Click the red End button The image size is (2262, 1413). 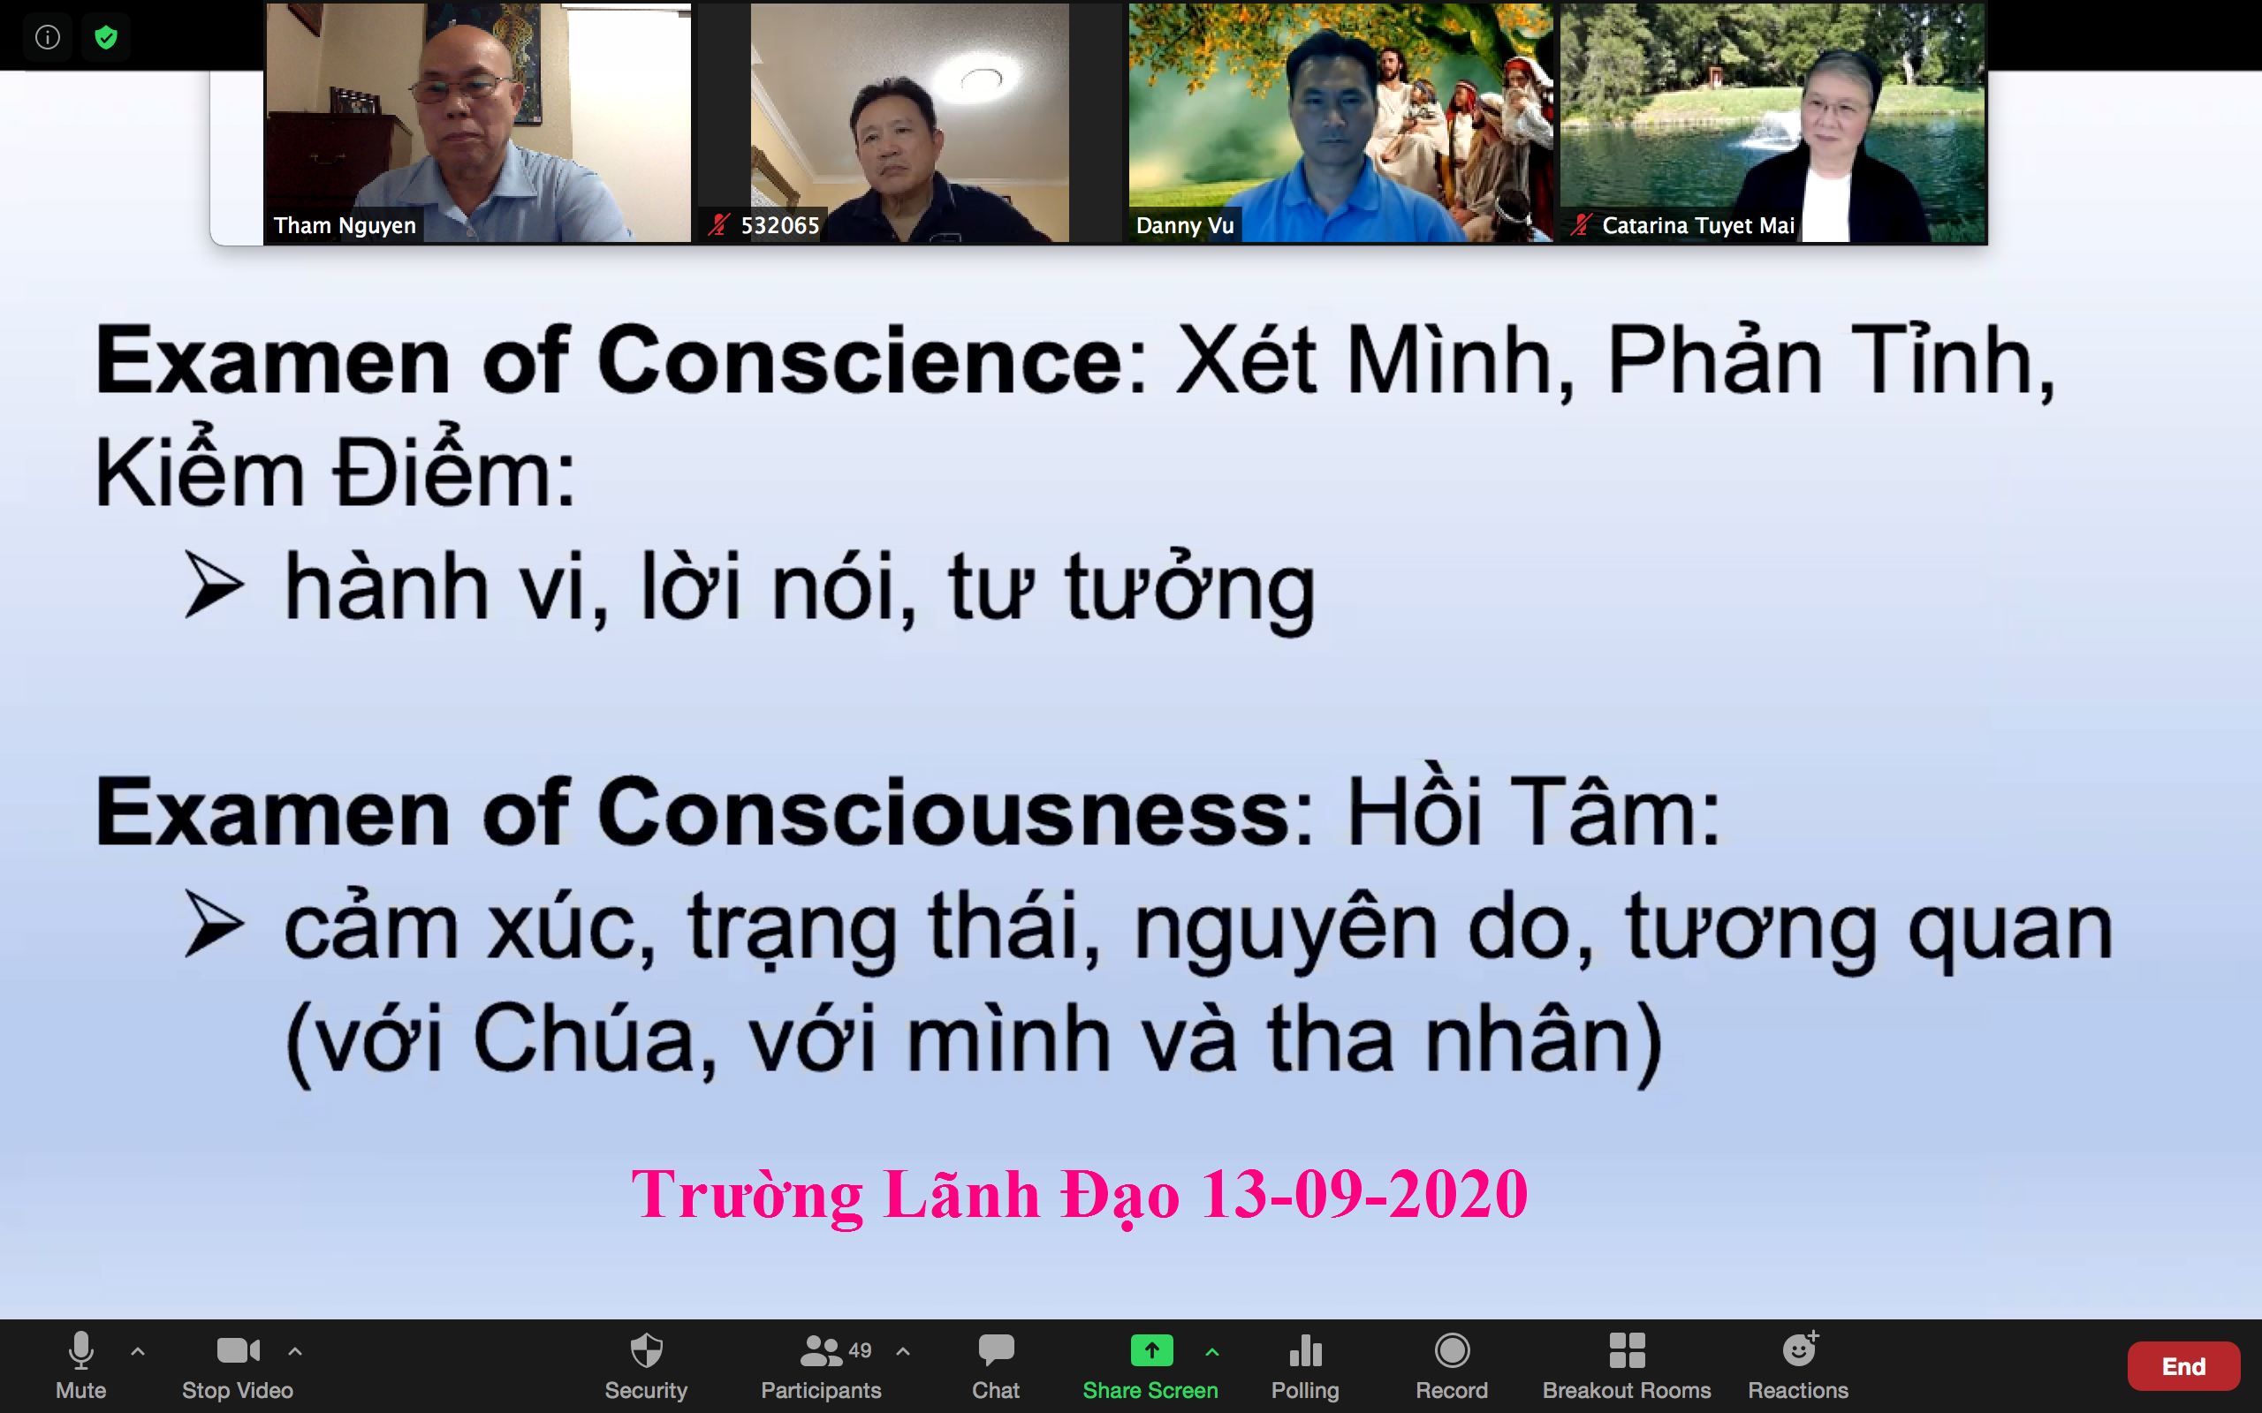2182,1366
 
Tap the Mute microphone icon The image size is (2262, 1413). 81,1350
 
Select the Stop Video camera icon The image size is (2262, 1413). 239,1350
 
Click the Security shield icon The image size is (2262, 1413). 646,1350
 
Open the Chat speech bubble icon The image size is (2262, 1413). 996,1350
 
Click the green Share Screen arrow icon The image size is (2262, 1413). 1151,1350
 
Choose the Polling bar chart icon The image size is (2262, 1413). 1305,1350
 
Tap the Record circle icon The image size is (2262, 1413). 1452,1350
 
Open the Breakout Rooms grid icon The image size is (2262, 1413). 1627,1350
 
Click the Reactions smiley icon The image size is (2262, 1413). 1799,1349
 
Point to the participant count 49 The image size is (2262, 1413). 860,1350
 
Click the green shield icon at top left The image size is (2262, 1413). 106,37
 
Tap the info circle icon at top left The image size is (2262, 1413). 48,37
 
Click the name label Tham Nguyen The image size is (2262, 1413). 344,225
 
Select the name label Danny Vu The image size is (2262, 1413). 1185,225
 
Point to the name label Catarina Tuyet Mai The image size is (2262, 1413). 1697,225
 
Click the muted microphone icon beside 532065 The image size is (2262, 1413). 718,225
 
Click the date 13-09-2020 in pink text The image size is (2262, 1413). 1363,1194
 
